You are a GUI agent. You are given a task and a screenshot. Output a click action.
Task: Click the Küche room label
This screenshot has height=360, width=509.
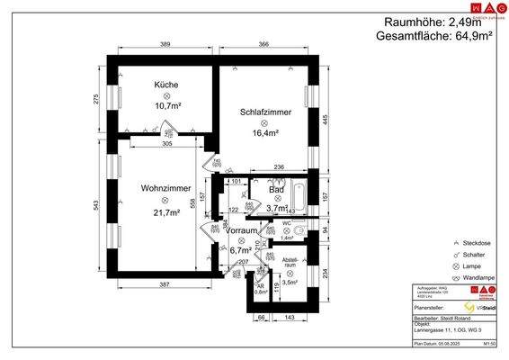165,85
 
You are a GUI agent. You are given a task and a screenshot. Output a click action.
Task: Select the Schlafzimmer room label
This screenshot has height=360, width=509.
264,112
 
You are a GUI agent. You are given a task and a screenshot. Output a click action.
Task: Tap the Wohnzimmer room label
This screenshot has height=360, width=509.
165,188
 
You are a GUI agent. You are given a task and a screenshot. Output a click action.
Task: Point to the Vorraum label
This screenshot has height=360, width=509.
239,229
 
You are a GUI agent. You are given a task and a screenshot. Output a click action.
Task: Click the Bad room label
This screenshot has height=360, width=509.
277,190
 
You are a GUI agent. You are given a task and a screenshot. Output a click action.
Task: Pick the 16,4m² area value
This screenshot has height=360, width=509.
264,132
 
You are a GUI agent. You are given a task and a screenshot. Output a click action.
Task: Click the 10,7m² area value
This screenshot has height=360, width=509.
166,104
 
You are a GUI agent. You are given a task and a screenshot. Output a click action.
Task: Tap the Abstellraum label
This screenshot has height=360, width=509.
290,262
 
